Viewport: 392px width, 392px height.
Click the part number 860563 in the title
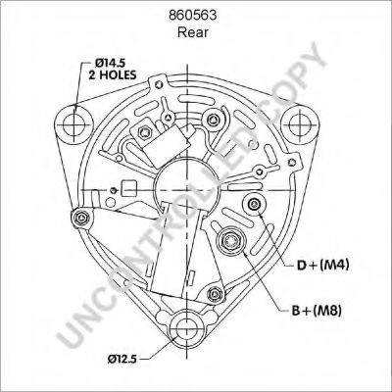pyautogui.click(x=196, y=16)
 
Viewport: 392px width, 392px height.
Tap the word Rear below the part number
pyautogui.click(x=196, y=31)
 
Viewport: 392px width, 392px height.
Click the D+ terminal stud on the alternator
pyautogui.click(x=256, y=203)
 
